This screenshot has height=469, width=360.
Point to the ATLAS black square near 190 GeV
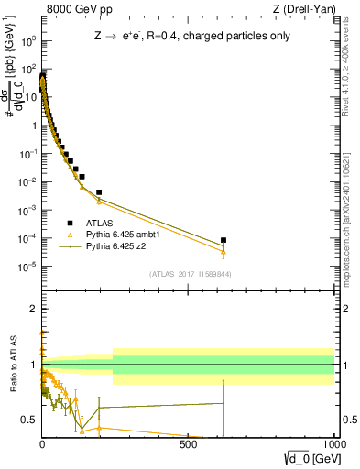[99, 192]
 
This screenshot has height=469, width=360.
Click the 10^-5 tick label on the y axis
[27, 267]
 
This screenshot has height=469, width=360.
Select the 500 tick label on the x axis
[188, 442]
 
